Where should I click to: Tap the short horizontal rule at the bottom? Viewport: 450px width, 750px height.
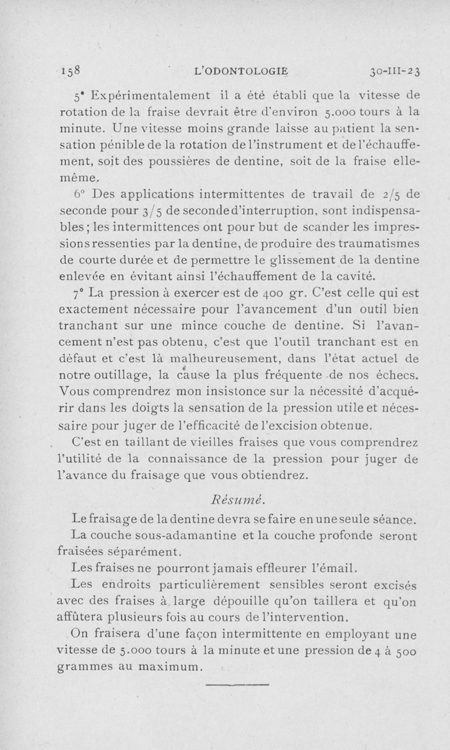pyautogui.click(x=238, y=685)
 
